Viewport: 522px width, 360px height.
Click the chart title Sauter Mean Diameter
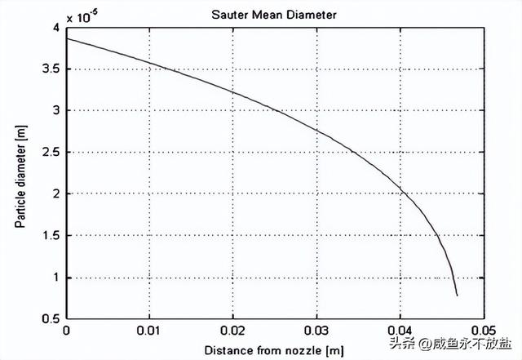coord(274,14)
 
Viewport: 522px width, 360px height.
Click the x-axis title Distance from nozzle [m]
coord(274,349)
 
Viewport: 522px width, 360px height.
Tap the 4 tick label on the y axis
coord(55,27)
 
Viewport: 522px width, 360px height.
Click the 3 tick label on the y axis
coord(55,110)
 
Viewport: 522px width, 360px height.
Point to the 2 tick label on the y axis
coord(55,193)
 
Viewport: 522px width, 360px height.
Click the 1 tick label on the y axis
coord(55,277)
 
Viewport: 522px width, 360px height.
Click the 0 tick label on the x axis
coord(66,331)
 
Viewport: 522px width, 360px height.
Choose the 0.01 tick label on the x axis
coord(149,331)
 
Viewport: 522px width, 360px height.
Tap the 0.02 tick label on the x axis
coord(233,331)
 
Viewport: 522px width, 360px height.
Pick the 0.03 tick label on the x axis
coord(316,331)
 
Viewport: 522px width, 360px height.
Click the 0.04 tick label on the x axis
coord(400,331)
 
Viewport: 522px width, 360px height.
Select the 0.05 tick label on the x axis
coord(484,331)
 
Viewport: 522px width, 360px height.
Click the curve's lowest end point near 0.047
coord(457,295)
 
